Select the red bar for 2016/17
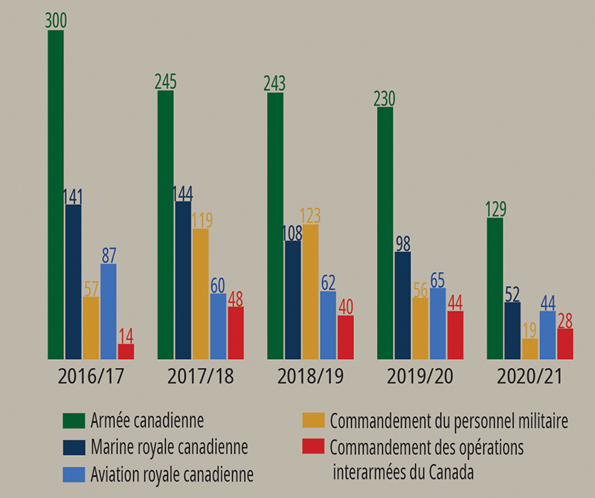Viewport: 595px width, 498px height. click(126, 352)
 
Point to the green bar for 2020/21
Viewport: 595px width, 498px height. click(495, 289)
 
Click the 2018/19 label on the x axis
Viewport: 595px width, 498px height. click(310, 376)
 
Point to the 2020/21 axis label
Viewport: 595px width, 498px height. click(530, 376)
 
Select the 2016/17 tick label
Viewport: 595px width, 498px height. click(91, 376)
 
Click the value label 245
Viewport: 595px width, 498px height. click(165, 81)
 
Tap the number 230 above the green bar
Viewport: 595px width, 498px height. click(385, 98)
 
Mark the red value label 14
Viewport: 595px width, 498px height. click(126, 334)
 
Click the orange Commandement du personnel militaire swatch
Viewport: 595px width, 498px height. click(313, 421)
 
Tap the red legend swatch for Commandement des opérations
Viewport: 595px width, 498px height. click(313, 447)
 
